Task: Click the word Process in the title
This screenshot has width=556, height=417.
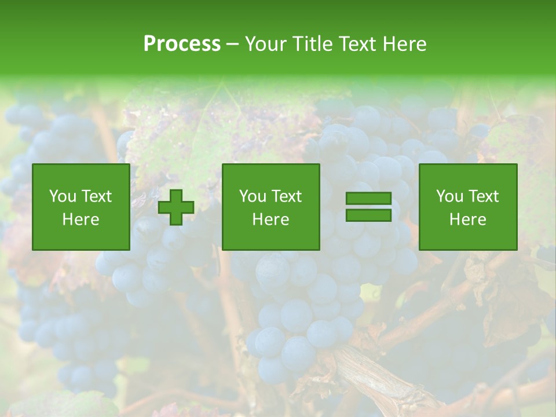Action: pyautogui.click(x=182, y=44)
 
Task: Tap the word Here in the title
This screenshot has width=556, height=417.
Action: pyautogui.click(x=405, y=44)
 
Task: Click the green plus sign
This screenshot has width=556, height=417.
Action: pyautogui.click(x=176, y=207)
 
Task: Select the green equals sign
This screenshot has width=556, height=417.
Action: pyautogui.click(x=368, y=207)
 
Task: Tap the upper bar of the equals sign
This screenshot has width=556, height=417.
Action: pyautogui.click(x=368, y=199)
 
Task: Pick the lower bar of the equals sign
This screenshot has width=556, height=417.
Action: pyautogui.click(x=368, y=215)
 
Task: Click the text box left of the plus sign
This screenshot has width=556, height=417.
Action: pyautogui.click(x=81, y=207)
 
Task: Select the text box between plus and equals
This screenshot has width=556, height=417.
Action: pyautogui.click(x=271, y=207)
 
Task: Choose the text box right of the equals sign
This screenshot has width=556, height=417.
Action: pyautogui.click(x=468, y=207)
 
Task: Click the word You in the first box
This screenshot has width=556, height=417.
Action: pyautogui.click(x=63, y=196)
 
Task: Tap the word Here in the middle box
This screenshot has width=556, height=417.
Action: pyautogui.click(x=271, y=220)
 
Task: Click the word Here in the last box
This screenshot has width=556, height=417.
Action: pyautogui.click(x=468, y=220)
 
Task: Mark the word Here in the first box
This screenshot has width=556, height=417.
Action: pyautogui.click(x=81, y=220)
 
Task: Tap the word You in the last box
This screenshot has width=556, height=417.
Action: pyautogui.click(x=450, y=196)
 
